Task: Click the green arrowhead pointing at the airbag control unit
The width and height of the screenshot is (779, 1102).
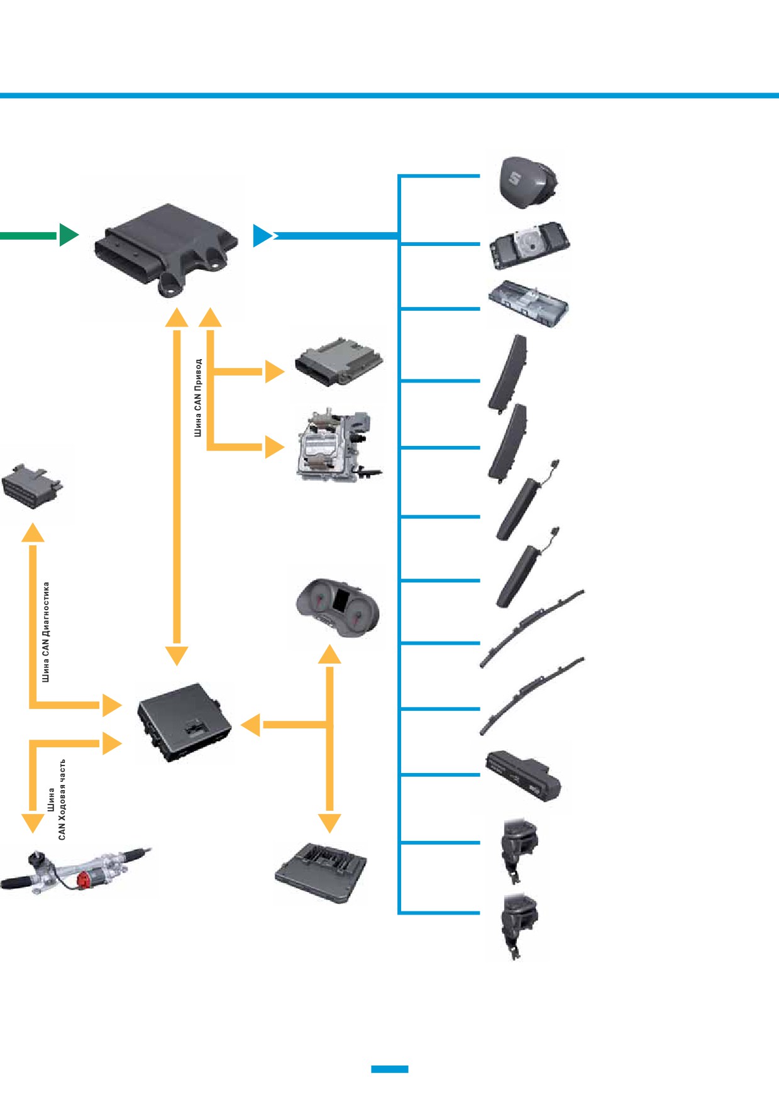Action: pyautogui.click(x=69, y=235)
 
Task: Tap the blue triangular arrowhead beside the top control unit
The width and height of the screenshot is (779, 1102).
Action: pyautogui.click(x=263, y=235)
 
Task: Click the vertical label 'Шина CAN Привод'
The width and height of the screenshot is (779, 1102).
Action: pyautogui.click(x=198, y=398)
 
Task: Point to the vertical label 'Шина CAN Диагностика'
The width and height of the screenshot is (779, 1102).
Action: pyautogui.click(x=46, y=632)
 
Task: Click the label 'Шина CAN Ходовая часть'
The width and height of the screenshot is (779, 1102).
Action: pyautogui.click(x=56, y=799)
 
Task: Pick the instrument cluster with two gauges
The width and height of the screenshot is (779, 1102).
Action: pyautogui.click(x=338, y=608)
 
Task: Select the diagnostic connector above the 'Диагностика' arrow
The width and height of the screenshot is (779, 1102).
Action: pyautogui.click(x=33, y=485)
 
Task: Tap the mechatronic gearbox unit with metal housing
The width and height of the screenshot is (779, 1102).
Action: pyautogui.click(x=336, y=445)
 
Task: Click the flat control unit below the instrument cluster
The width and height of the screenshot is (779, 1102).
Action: pyautogui.click(x=321, y=872)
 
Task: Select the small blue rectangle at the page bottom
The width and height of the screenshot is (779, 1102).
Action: pyautogui.click(x=390, y=1069)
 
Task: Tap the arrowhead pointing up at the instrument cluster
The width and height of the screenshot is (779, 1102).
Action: pyautogui.click(x=329, y=654)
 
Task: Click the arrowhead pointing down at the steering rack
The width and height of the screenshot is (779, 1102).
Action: pyautogui.click(x=33, y=823)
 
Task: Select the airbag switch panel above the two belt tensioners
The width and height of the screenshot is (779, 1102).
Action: pyautogui.click(x=522, y=776)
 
